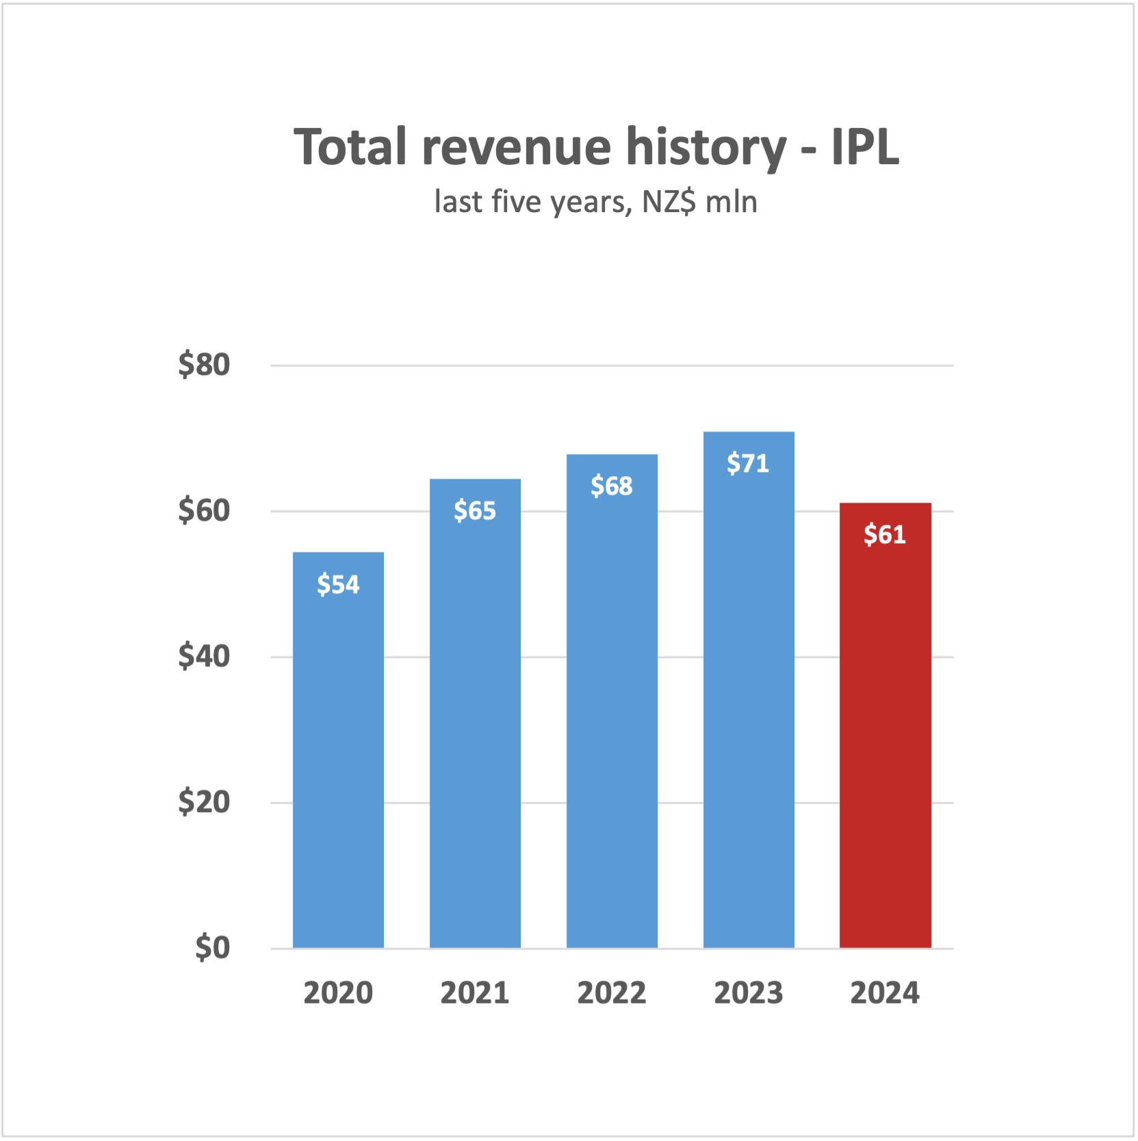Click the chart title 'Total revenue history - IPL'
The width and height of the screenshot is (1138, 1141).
[x=595, y=147]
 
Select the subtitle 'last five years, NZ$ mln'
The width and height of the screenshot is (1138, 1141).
[x=595, y=202]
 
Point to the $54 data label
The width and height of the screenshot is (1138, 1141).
[x=338, y=585]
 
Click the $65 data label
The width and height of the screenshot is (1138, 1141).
[x=475, y=511]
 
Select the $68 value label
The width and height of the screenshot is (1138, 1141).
[x=612, y=486]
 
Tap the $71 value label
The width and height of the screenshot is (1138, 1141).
[x=748, y=464]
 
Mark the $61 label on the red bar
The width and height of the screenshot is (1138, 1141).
[x=885, y=534]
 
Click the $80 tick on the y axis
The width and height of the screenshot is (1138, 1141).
[x=204, y=365]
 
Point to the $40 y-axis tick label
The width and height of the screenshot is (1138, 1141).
[x=204, y=657]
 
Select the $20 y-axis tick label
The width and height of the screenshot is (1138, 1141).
[x=204, y=802]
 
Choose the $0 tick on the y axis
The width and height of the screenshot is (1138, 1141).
[x=212, y=948]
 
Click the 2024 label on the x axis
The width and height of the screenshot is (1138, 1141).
[x=885, y=993]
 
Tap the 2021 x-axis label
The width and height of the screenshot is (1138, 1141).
[x=475, y=993]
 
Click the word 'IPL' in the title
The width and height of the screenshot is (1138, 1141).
[x=865, y=147]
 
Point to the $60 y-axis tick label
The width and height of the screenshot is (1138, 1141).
[x=204, y=510]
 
